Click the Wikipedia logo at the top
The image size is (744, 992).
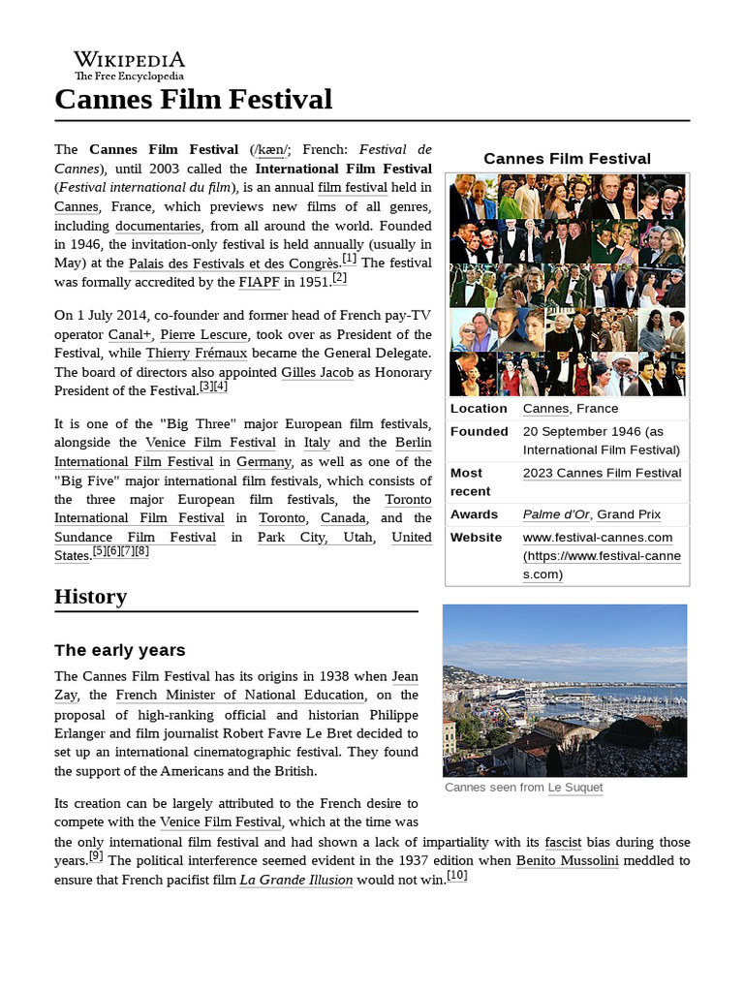[x=129, y=65]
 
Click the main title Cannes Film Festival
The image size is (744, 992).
[x=194, y=99]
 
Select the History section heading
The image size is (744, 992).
[x=90, y=596]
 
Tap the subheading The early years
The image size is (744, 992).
[x=119, y=649]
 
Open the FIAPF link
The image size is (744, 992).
[x=250, y=282]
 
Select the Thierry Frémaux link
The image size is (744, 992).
[x=197, y=354]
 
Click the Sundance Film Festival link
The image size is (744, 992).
[x=135, y=537]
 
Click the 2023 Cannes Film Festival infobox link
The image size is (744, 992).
[x=602, y=473]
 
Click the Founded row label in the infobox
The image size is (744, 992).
[x=479, y=431]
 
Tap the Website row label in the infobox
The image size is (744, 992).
[x=476, y=537]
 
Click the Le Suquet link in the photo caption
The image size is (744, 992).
[x=574, y=788]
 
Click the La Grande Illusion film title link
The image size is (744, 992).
[x=295, y=880]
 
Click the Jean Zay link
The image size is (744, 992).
[x=404, y=676]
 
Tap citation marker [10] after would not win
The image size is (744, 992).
[x=457, y=876]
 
